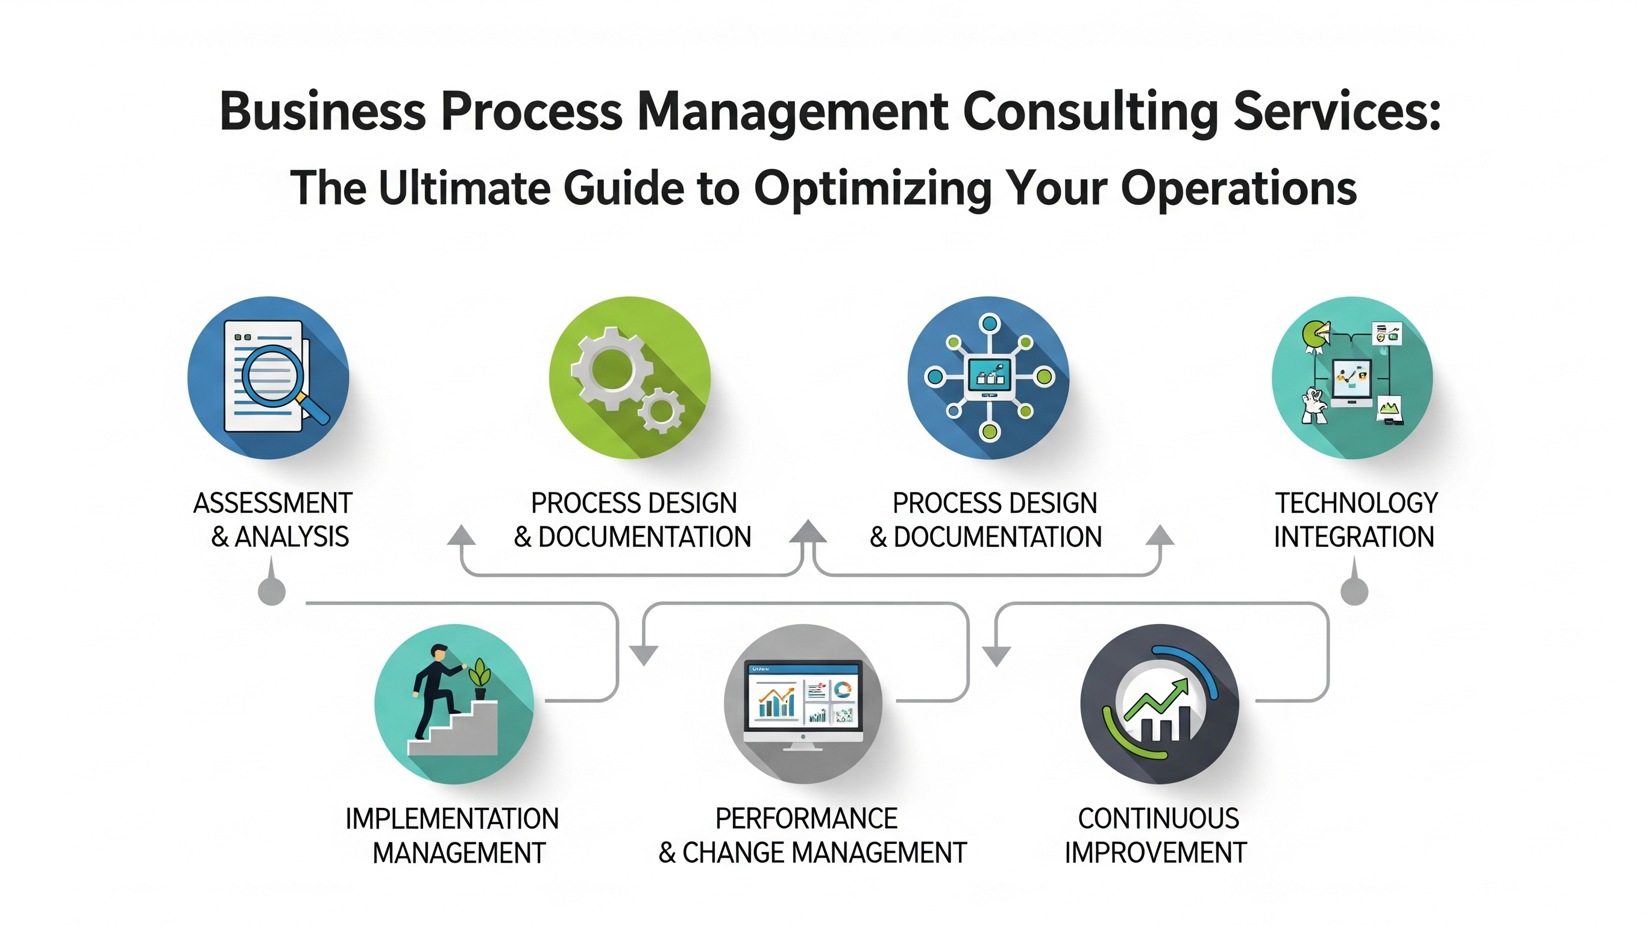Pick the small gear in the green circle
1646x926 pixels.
(x=661, y=412)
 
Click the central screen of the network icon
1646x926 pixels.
(x=989, y=376)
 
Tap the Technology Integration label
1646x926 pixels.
(x=1355, y=520)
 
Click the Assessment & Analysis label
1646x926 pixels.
(x=274, y=520)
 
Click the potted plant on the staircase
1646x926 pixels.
(x=480, y=681)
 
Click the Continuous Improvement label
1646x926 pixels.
(x=1156, y=835)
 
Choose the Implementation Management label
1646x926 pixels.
(x=453, y=835)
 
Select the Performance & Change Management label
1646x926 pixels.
(x=812, y=835)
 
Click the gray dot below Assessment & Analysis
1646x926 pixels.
(x=272, y=591)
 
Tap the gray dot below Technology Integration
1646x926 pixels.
(x=1354, y=591)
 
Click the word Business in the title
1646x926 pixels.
(x=322, y=112)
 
